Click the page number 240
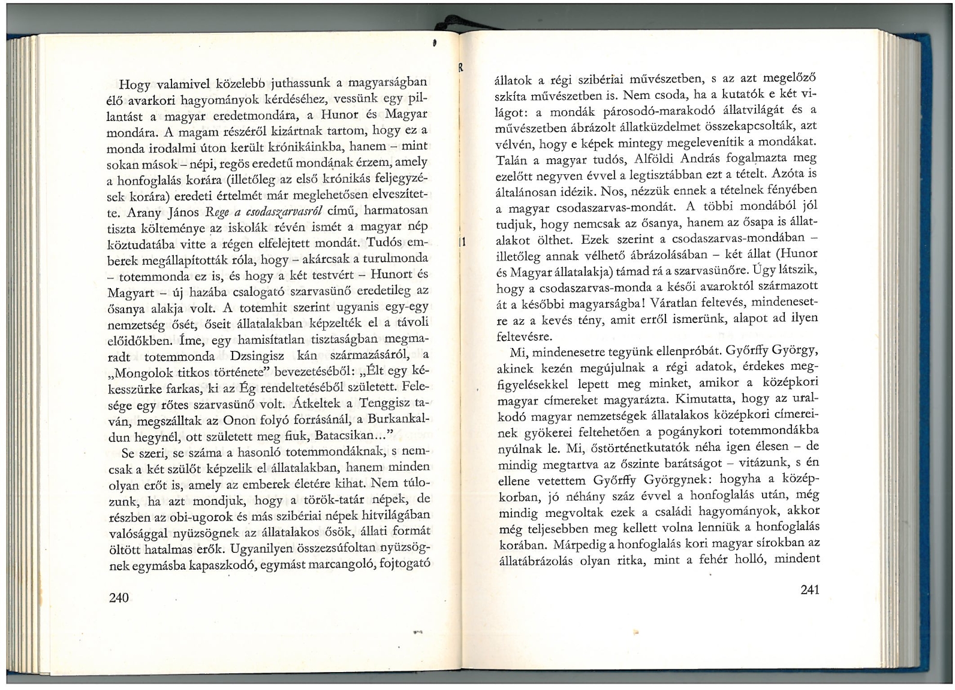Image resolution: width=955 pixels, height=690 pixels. click(120, 597)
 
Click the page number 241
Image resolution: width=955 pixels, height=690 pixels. click(809, 589)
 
